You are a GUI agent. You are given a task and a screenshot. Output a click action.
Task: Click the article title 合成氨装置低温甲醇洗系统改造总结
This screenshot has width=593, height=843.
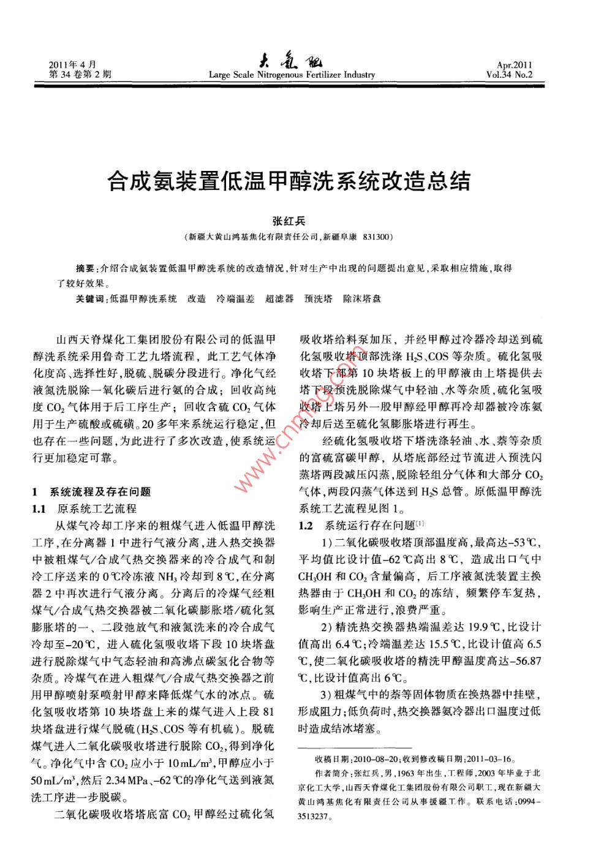[289, 181]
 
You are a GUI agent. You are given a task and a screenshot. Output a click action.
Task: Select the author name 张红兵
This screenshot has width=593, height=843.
[289, 221]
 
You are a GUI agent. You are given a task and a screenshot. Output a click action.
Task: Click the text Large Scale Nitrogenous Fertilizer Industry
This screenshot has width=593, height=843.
[292, 75]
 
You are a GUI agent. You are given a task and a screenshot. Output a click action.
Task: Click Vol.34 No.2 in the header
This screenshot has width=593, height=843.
[509, 75]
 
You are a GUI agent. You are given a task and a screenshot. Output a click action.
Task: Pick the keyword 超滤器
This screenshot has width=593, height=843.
[279, 299]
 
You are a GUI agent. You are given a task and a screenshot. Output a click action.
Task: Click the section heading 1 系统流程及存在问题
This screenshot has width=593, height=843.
[91, 491]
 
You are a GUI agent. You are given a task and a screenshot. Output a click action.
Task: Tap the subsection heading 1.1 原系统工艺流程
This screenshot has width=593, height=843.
[84, 508]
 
